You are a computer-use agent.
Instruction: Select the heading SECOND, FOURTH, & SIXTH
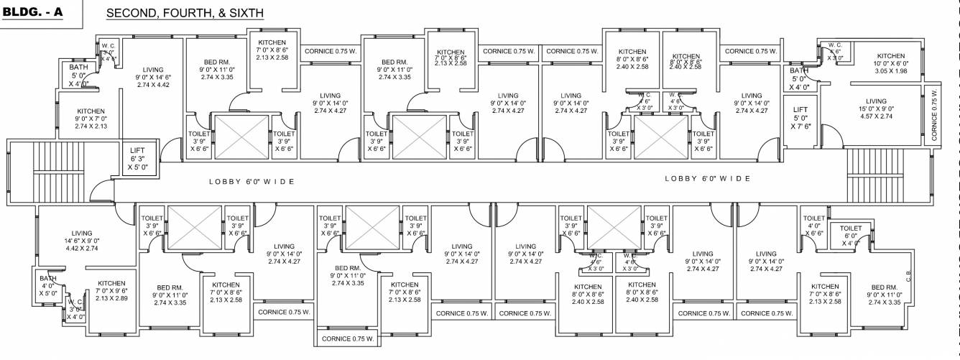point(185,14)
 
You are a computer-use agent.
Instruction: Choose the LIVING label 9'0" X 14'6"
point(152,77)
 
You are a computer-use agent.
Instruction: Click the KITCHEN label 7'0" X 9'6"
point(111,290)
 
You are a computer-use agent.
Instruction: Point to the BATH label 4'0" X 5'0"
point(48,285)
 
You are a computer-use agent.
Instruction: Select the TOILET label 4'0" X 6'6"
point(814,226)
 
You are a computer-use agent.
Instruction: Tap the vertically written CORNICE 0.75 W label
point(934,115)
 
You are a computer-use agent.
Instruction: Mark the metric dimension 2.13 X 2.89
point(111,298)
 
